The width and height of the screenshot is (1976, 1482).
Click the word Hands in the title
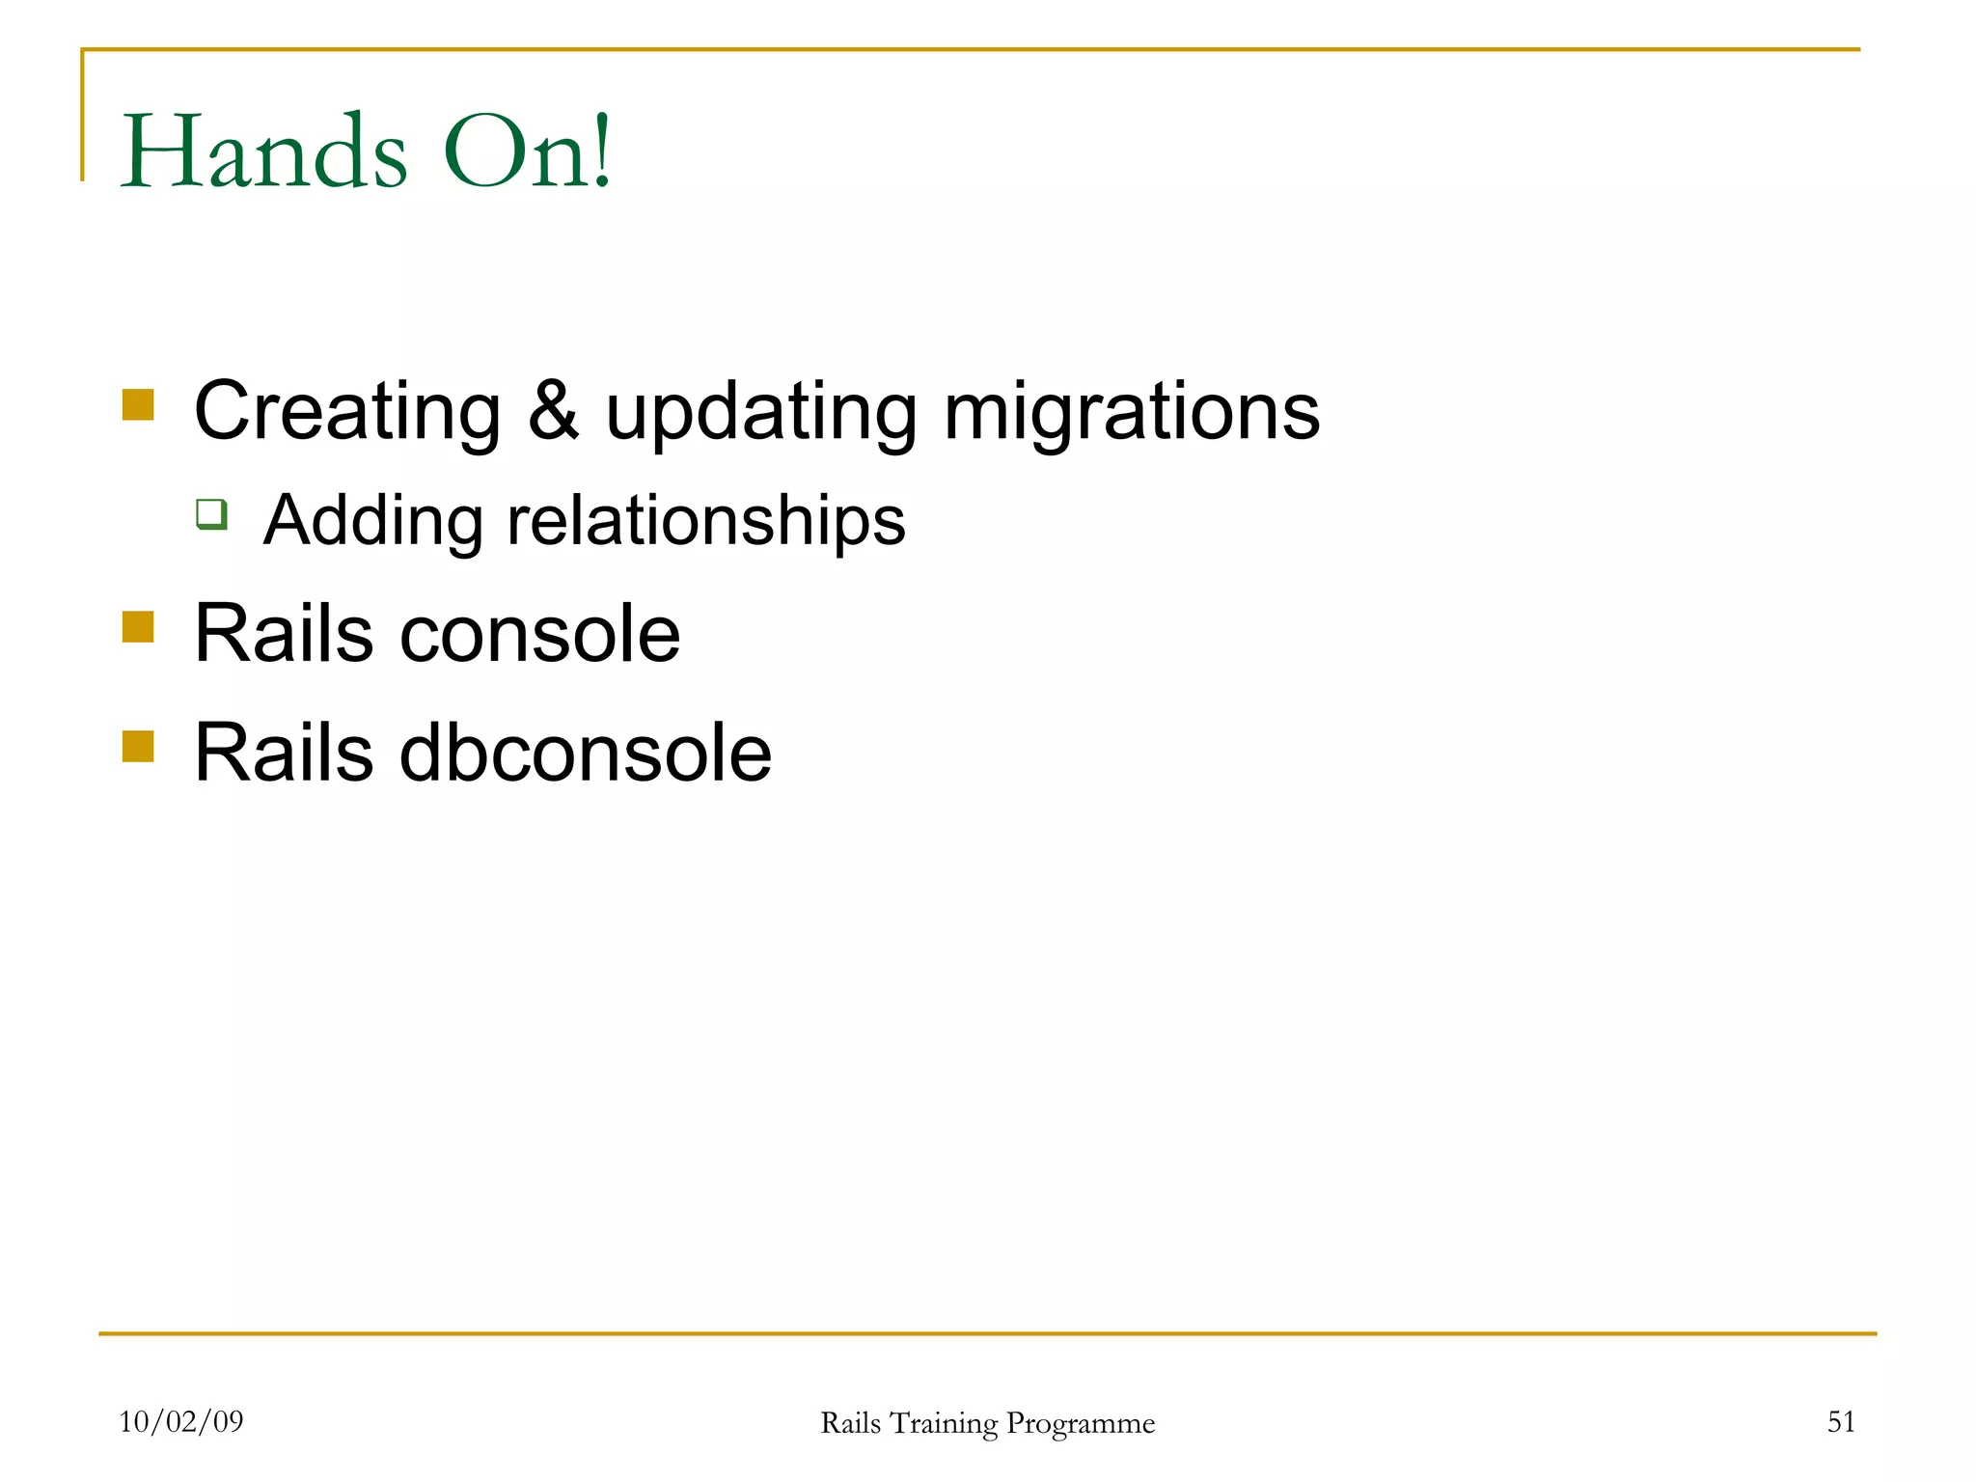pyautogui.click(x=263, y=152)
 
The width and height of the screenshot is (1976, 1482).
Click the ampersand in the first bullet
pyautogui.click(x=554, y=411)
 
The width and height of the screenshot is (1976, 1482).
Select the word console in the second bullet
pyautogui.click(x=539, y=636)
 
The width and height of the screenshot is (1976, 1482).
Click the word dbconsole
pyautogui.click(x=585, y=754)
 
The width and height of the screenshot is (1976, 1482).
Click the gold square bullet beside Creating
pyautogui.click(x=138, y=405)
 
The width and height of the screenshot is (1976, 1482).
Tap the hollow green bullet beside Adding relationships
pyautogui.click(x=211, y=513)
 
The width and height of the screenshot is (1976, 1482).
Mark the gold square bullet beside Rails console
pyautogui.click(x=138, y=627)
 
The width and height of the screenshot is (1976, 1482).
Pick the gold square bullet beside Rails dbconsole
pyautogui.click(x=138, y=746)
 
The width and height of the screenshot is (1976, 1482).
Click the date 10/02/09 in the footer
pyautogui.click(x=181, y=1421)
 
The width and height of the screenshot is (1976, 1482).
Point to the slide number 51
pyautogui.click(x=1841, y=1421)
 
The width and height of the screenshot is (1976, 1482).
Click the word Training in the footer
pyautogui.click(x=943, y=1424)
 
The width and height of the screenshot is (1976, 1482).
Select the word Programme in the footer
pyautogui.click(x=1080, y=1424)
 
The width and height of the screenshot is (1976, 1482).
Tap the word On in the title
pyautogui.click(x=509, y=152)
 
